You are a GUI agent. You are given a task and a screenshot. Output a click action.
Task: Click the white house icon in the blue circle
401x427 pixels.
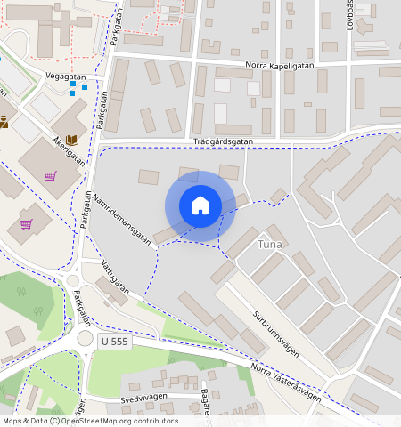coord(200,205)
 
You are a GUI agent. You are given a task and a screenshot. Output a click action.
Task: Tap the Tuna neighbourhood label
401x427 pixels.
coord(270,244)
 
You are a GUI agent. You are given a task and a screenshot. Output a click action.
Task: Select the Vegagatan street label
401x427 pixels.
coord(64,77)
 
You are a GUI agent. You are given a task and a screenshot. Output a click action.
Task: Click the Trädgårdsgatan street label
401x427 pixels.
coord(223,141)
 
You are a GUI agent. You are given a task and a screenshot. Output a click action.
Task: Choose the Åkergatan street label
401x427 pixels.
coord(69,150)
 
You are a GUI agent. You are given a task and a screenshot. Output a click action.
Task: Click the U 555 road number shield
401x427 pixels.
coord(116,342)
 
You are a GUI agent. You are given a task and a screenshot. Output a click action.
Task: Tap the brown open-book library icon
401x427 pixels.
coord(72,141)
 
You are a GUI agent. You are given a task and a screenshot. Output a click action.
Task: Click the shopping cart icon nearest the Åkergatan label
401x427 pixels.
coord(50,176)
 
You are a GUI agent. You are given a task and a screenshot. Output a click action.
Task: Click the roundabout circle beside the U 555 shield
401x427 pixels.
coord(86,339)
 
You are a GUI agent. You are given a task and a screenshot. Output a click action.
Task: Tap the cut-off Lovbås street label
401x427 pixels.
coord(350,15)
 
